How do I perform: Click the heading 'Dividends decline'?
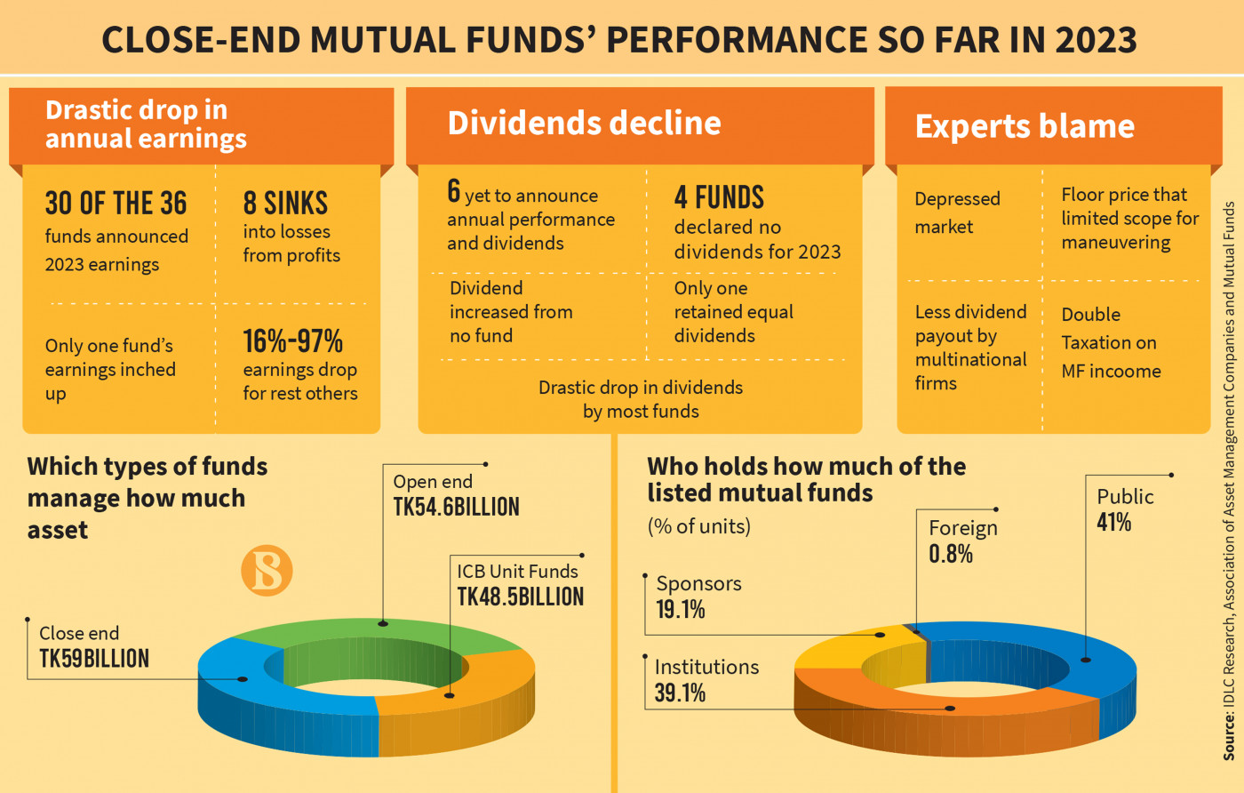pyautogui.click(x=584, y=124)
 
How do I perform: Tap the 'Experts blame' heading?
pyautogui.click(x=1025, y=126)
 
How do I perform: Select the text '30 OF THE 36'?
pyautogui.click(x=116, y=204)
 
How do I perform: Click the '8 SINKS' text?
pyautogui.click(x=285, y=204)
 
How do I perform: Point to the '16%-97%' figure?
pyautogui.click(x=293, y=341)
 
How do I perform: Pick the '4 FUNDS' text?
pyautogui.click(x=719, y=197)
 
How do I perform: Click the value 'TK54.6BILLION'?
pyautogui.click(x=456, y=508)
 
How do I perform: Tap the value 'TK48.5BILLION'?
pyautogui.click(x=521, y=597)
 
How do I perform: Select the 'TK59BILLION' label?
pyautogui.click(x=94, y=659)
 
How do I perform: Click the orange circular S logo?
pyautogui.click(x=267, y=570)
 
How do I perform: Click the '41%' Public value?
pyautogui.click(x=1113, y=523)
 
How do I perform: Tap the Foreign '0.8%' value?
pyautogui.click(x=951, y=555)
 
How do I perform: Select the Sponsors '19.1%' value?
pyautogui.click(x=680, y=610)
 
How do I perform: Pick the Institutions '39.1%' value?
pyautogui.click(x=680, y=693)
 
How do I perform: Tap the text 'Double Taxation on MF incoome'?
pyautogui.click(x=1111, y=342)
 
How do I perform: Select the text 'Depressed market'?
pyautogui.click(x=957, y=212)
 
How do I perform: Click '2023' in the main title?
pyautogui.click(x=1096, y=40)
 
